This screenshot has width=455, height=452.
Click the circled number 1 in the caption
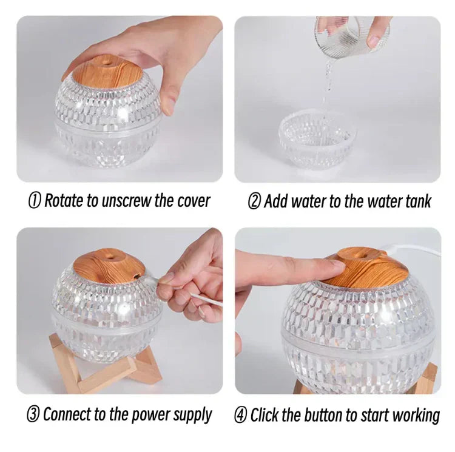pyautogui.click(x=36, y=201)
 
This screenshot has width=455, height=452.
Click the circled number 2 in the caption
pyautogui.click(x=254, y=201)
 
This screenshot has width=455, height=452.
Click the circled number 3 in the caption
pyautogui.click(x=33, y=415)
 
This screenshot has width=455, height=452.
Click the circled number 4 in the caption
pyautogui.click(x=241, y=416)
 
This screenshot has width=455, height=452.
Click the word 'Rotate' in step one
pyautogui.click(x=66, y=201)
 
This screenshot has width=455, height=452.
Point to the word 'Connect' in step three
pyautogui.click(x=67, y=415)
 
